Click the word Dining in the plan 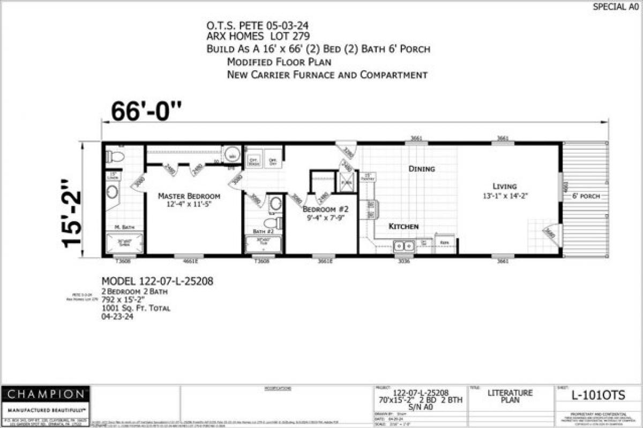pos(422,169)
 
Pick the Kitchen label pos(403,226)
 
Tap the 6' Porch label pos(585,196)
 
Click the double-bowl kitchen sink pos(403,246)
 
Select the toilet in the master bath pos(115,157)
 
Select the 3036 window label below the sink pos(404,262)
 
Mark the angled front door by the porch pos(552,233)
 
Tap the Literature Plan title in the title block pos(510,396)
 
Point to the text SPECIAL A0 pos(616,7)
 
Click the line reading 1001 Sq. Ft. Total pos(136,308)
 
